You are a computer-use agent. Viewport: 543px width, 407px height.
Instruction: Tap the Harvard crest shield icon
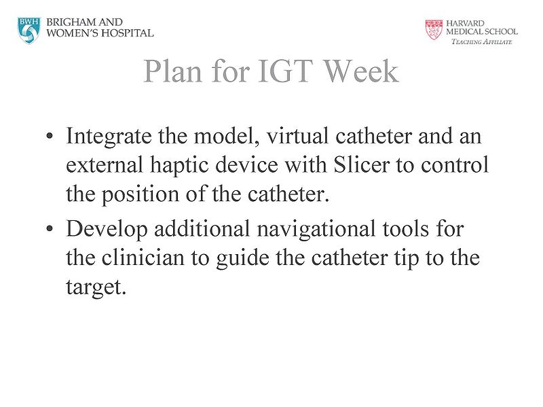pos(433,29)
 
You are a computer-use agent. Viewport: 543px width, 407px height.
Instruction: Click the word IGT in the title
pos(278,71)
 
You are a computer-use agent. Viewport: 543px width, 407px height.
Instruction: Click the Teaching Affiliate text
pos(482,42)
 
